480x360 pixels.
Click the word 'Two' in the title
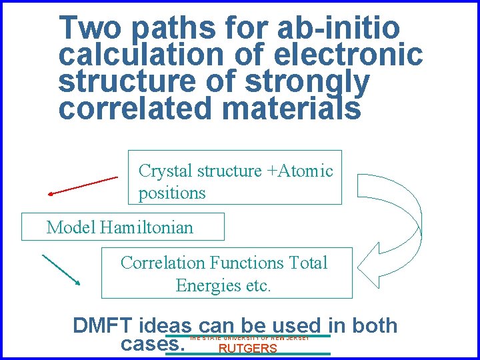[90, 28]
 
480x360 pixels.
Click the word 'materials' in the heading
[293, 108]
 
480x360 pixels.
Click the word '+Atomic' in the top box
[300, 171]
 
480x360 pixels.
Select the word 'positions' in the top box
[172, 193]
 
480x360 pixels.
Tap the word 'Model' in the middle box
[71, 227]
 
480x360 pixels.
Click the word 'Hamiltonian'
[147, 227]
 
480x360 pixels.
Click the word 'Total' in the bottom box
[308, 263]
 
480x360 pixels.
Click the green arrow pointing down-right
[61, 270]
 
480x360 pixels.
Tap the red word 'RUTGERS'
[248, 349]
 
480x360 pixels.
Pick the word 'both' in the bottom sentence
[373, 326]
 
